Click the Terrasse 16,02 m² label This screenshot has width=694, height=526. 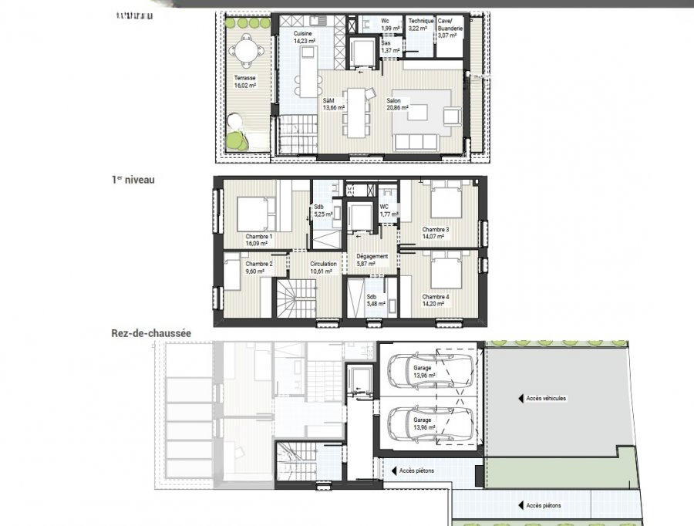(x=245, y=82)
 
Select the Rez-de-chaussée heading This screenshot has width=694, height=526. (x=150, y=333)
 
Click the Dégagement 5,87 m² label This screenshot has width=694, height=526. (x=372, y=260)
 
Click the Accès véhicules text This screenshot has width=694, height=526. (x=545, y=399)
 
